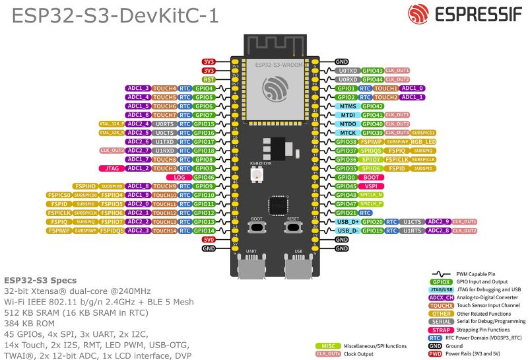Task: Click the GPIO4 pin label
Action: pos(205,88)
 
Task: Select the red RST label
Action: pos(209,79)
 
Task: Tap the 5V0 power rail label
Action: pos(209,240)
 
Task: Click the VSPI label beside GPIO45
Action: pos(371,186)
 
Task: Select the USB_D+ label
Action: pos(347,222)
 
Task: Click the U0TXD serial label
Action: pos(347,70)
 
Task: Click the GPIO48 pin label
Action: pos(346,195)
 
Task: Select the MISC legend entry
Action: pos(327,345)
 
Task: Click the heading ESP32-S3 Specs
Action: pos(40,280)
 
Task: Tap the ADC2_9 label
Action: pos(438,222)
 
